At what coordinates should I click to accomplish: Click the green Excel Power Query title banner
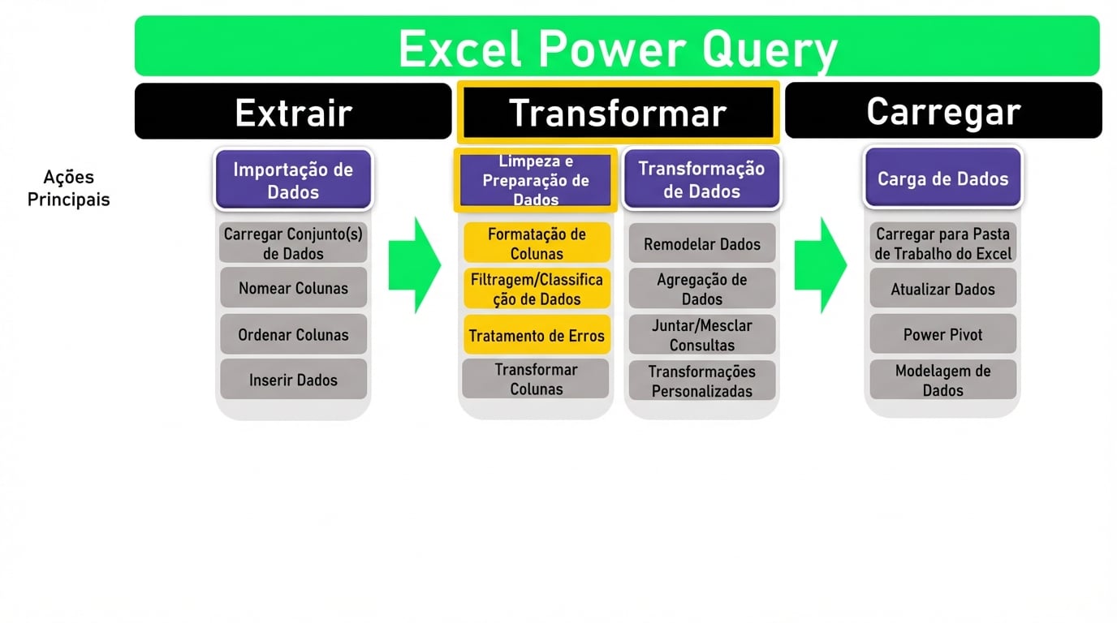[617, 47]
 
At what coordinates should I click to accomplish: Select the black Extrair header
[293, 112]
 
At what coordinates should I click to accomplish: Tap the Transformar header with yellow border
[618, 113]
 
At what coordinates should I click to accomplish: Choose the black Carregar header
[942, 111]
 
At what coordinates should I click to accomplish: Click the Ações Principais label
[69, 188]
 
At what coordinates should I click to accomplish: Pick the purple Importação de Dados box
[293, 180]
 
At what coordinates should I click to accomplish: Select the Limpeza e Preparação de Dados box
[536, 180]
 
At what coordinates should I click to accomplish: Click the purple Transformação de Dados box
[701, 180]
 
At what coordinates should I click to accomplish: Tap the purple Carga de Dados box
[942, 178]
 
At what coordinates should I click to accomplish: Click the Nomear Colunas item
[293, 288]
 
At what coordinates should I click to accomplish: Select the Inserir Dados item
[293, 380]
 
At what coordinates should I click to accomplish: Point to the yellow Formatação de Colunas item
[537, 243]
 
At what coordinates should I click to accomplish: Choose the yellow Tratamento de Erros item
[537, 336]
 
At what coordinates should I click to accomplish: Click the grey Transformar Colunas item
[536, 379]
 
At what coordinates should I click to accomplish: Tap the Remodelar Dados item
[702, 244]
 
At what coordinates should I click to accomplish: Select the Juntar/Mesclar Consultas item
[702, 335]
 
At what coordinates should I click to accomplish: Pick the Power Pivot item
[942, 334]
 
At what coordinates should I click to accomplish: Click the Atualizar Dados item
[942, 289]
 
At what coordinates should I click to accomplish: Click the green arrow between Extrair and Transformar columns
[414, 264]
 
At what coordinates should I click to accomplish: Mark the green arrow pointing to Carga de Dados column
[820, 264]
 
